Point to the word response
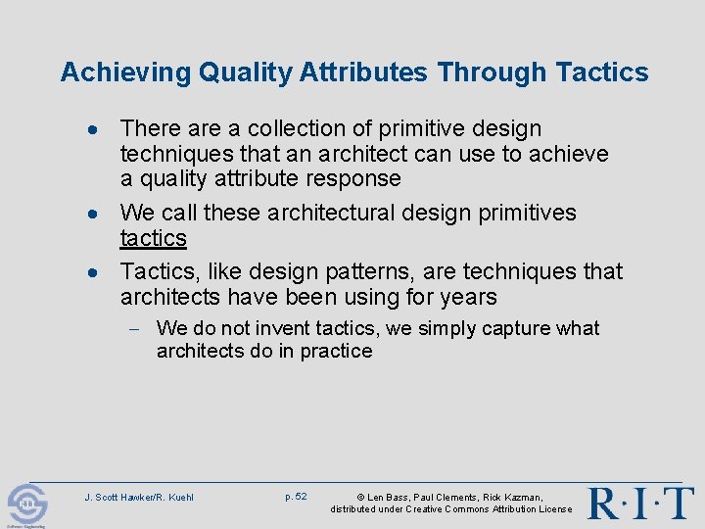pyautogui.click(x=353, y=178)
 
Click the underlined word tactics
pyautogui.click(x=153, y=238)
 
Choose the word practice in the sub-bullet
pyautogui.click(x=335, y=351)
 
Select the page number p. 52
pyautogui.click(x=296, y=497)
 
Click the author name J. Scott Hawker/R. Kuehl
pyautogui.click(x=139, y=498)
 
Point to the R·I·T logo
pyautogui.click(x=641, y=503)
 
